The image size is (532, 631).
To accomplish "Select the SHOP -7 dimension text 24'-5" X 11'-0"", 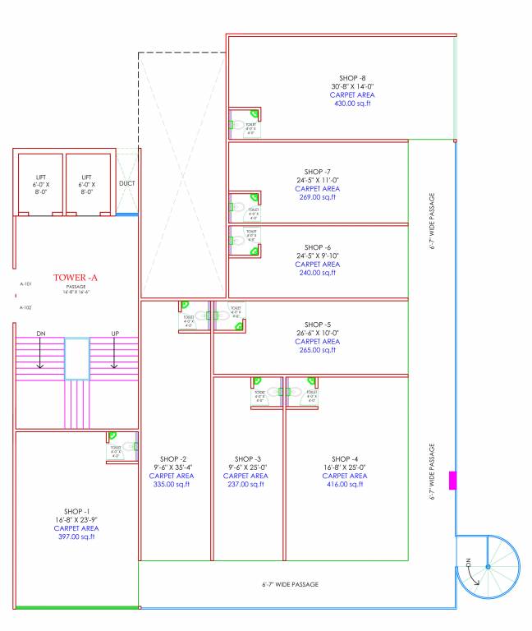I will (316, 180).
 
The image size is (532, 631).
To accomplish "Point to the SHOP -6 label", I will (317, 247).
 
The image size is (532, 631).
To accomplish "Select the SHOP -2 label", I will (173, 458).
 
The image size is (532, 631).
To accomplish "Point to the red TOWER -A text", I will (76, 278).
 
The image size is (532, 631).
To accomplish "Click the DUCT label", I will (127, 183).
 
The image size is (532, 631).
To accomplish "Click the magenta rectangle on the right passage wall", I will (452, 481).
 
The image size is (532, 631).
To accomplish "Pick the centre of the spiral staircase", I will (487, 566).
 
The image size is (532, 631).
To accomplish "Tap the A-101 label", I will (25, 283).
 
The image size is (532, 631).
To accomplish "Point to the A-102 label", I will (25, 307).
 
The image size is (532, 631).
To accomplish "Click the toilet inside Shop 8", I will (244, 124).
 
